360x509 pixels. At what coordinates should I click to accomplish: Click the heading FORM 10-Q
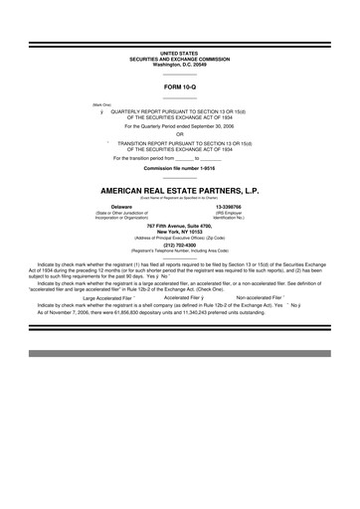coord(179,87)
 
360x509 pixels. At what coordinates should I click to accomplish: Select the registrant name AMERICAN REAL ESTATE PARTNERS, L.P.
coord(179,187)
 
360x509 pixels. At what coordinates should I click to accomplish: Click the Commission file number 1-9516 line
coord(179,168)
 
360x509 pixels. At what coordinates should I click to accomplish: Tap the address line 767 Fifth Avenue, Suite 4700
coord(179,226)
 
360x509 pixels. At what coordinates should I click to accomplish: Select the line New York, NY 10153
coord(179,232)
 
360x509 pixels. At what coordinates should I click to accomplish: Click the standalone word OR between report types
coord(179,134)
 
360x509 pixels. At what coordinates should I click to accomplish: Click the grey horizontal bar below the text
coord(179,354)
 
